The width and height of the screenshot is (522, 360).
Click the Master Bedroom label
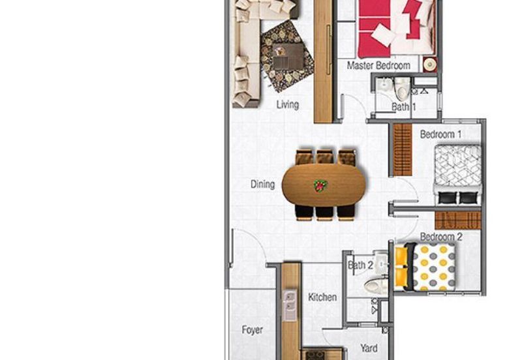click(378, 65)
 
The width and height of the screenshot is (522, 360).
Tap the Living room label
click(287, 104)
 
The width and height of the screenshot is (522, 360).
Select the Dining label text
click(262, 185)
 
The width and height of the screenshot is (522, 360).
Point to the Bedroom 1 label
click(440, 134)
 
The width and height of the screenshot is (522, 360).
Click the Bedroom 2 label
click(440, 237)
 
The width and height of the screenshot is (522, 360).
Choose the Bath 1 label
click(403, 107)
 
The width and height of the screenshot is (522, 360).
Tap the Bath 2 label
click(360, 265)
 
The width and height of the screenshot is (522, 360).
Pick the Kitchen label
click(322, 297)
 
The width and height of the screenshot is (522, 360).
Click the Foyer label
click(252, 330)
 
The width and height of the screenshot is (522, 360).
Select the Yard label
click(369, 348)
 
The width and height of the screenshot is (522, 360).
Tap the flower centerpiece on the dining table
click(320, 185)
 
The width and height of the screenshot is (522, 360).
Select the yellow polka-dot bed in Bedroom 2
click(432, 267)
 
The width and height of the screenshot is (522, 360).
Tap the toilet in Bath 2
click(376, 284)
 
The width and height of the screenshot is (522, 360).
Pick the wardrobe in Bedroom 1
click(403, 149)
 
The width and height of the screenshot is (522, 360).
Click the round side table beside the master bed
click(429, 65)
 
